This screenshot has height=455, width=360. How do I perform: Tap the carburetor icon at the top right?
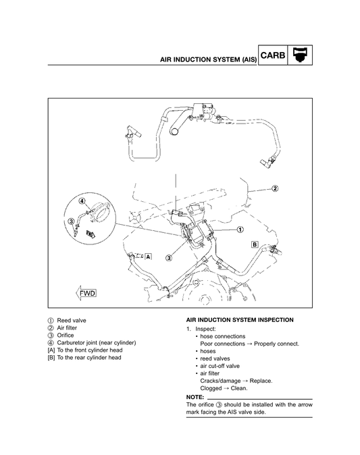click(299, 55)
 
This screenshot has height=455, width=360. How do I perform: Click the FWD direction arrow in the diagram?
click(86, 294)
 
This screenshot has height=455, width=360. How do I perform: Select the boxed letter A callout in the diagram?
click(148, 257)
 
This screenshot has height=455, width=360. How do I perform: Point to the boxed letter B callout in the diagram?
click(255, 243)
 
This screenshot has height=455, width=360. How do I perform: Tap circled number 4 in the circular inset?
click(81, 201)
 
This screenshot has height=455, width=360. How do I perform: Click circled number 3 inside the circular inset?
click(71, 221)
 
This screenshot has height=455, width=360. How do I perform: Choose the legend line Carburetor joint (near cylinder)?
click(97, 343)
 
